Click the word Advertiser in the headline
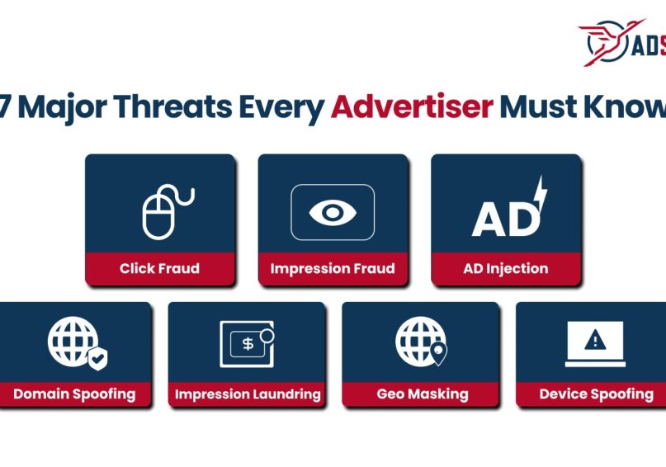[412, 108]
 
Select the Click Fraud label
[159, 268]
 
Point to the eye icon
[333, 212]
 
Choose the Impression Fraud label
[333, 268]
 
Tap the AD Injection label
[506, 268]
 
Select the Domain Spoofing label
[74, 394]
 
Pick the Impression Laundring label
[248, 394]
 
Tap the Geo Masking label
[422, 394]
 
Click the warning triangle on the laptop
[595, 340]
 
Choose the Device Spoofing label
[596, 394]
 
